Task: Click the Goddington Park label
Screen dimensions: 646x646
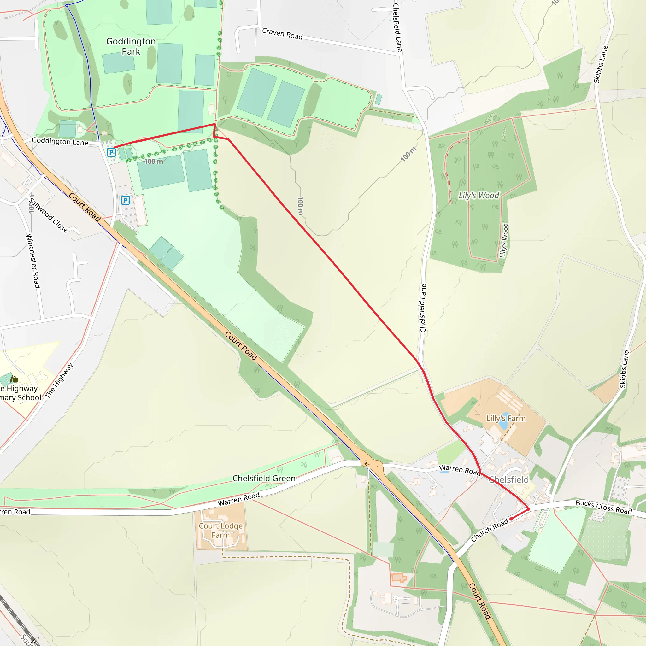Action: (131, 46)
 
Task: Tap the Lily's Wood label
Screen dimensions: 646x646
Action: (479, 195)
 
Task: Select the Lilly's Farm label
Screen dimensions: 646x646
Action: (506, 418)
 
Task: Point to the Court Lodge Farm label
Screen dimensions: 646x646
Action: (221, 530)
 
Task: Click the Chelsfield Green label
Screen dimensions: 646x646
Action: (264, 479)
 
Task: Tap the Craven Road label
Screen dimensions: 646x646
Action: (282, 34)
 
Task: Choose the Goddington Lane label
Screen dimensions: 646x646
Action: (60, 141)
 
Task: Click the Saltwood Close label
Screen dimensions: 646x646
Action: (48, 214)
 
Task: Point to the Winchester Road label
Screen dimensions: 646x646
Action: (33, 261)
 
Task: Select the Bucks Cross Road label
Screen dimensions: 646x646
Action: (603, 507)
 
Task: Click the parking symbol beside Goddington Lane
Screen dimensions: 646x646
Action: (111, 152)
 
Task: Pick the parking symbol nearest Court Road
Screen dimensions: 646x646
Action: (126, 200)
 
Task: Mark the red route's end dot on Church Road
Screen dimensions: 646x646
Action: (511, 519)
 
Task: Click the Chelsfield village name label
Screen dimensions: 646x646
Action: (508, 480)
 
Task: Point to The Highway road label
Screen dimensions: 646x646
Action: (59, 380)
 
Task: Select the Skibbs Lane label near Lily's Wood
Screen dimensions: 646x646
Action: (601, 64)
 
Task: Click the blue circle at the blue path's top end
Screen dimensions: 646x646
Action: (67, 6)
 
